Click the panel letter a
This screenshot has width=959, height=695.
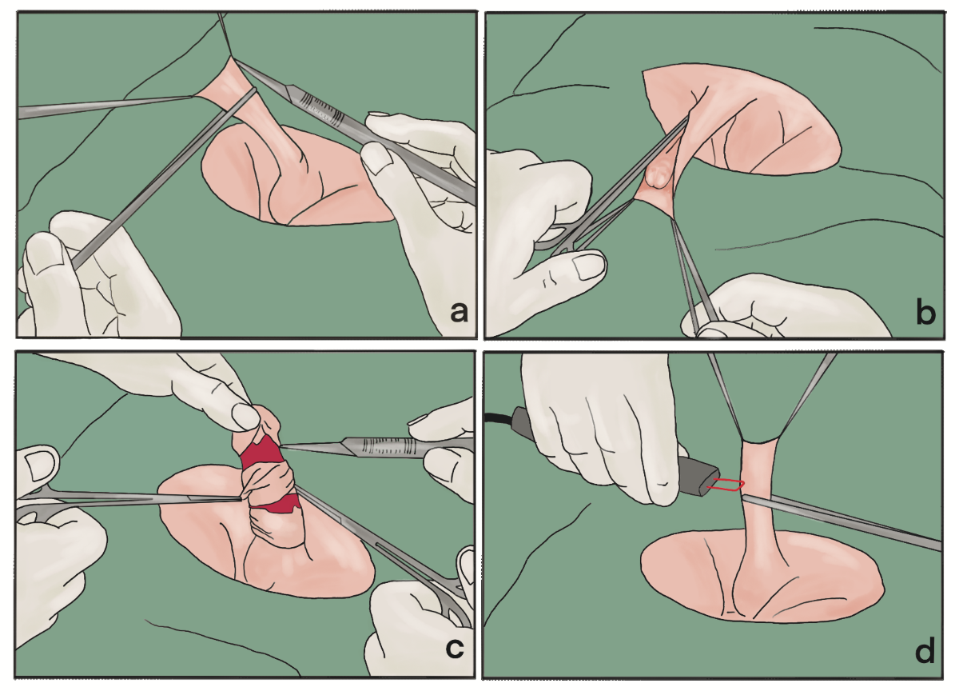coord(459,313)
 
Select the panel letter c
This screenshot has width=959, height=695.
coord(454,649)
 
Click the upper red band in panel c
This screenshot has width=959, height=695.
coord(261,453)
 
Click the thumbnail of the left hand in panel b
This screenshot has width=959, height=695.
coord(589,267)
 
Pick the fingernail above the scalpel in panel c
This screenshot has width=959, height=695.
coord(422,419)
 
